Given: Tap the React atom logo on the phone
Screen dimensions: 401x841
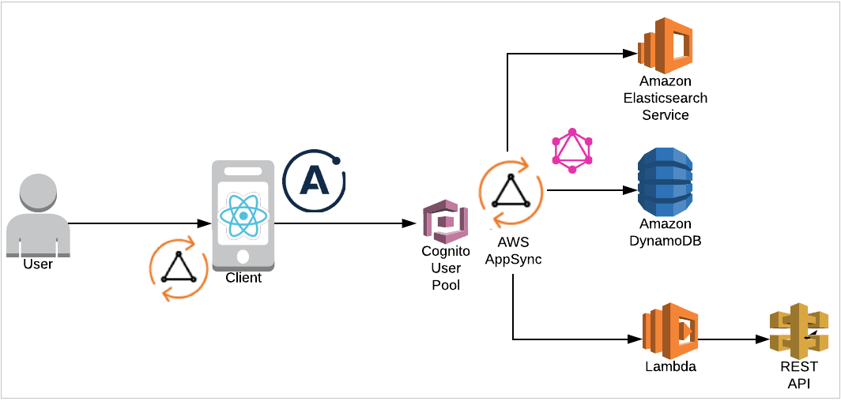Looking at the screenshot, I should click(x=243, y=215).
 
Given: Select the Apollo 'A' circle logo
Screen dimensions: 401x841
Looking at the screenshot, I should click(x=315, y=180).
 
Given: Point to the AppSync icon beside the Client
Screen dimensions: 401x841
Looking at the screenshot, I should click(x=179, y=270).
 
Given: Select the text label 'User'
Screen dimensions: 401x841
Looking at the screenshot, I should click(x=38, y=264).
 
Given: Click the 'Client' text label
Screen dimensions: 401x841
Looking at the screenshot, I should click(x=243, y=278).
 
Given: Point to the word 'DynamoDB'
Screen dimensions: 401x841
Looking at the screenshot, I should click(x=665, y=241).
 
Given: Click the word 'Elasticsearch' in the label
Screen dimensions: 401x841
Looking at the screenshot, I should click(x=666, y=98).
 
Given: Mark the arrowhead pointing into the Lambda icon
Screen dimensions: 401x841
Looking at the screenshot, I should click(x=635, y=339).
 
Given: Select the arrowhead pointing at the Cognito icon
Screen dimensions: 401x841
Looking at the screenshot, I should click(x=411, y=224).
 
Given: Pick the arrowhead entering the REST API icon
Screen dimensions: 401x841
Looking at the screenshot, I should click(x=764, y=340).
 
